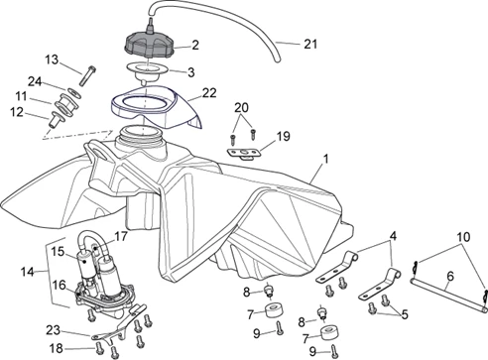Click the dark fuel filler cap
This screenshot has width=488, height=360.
click(x=150, y=44)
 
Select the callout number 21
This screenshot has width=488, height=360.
click(x=310, y=44)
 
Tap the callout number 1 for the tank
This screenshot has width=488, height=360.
click(x=325, y=159)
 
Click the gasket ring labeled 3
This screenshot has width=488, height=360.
click(x=148, y=72)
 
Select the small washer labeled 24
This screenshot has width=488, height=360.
click(x=74, y=92)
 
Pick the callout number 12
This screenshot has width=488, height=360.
click(x=17, y=112)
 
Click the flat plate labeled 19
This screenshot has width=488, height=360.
click(x=244, y=153)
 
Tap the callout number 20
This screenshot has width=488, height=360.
click(x=242, y=108)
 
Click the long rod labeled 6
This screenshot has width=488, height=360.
click(x=448, y=296)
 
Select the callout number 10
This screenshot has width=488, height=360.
click(x=464, y=237)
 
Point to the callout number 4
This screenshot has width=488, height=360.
click(x=393, y=236)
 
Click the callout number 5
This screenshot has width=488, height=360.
click(x=405, y=314)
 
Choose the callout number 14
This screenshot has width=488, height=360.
click(x=28, y=272)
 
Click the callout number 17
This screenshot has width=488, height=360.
click(x=121, y=236)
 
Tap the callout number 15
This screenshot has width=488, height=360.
click(x=58, y=252)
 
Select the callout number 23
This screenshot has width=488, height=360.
click(x=54, y=330)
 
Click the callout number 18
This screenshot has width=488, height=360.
click(x=56, y=348)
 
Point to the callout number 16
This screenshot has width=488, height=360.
click(x=60, y=285)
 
